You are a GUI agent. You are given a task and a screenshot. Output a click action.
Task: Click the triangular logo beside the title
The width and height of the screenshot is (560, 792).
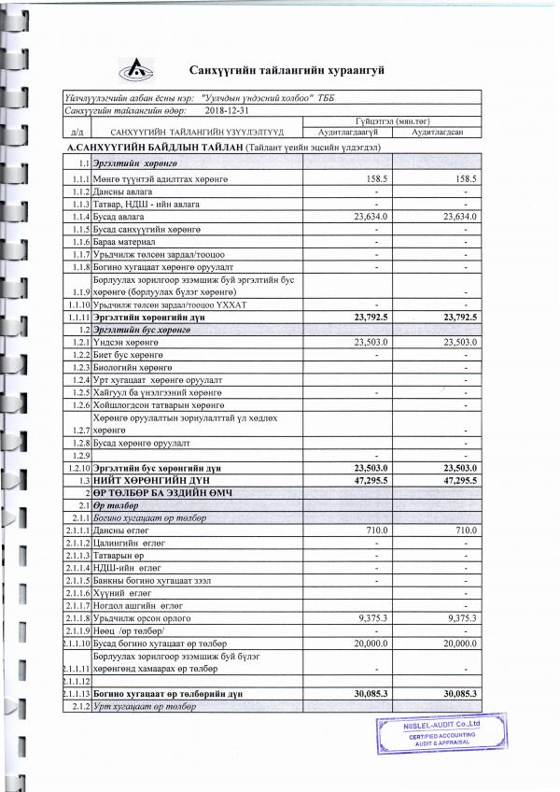coord(137,69)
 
